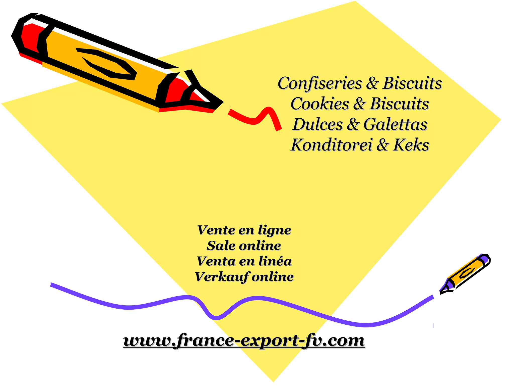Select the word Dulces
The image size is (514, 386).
pyautogui.click(x=317, y=124)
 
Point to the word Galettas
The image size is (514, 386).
pyautogui.click(x=395, y=124)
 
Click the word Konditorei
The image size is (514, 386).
pyautogui.click(x=331, y=145)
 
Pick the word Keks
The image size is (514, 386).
pyautogui.click(x=411, y=145)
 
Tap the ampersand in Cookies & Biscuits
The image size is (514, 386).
pyautogui.click(x=359, y=104)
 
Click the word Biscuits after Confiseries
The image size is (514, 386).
pyautogui.click(x=412, y=83)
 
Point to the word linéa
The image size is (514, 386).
pyautogui.click(x=275, y=261)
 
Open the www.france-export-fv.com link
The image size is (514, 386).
pyautogui.click(x=244, y=341)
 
